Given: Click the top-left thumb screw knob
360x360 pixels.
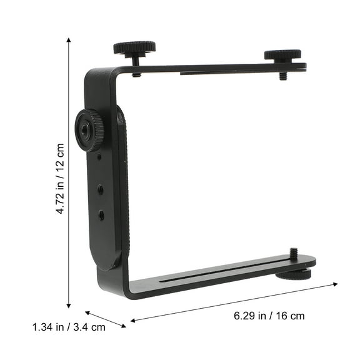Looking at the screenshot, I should [134, 47].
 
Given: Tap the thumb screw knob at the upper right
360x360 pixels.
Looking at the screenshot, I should [282, 55].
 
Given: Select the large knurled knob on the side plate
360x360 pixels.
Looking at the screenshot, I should [89, 129].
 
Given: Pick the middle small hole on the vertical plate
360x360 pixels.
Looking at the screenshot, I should [101, 186].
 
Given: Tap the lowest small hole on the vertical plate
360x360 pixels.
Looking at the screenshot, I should [101, 215].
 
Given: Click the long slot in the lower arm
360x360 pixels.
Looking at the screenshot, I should [219, 272].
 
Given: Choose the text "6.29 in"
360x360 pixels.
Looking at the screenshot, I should [251, 316].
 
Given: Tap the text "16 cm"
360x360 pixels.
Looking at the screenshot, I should [289, 316].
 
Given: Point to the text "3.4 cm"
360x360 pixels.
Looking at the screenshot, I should [89, 326].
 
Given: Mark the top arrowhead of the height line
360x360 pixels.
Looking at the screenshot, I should [69, 39].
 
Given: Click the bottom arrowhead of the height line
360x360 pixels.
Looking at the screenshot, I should [69, 306].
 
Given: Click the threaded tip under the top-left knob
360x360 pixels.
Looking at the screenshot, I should [136, 72].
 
